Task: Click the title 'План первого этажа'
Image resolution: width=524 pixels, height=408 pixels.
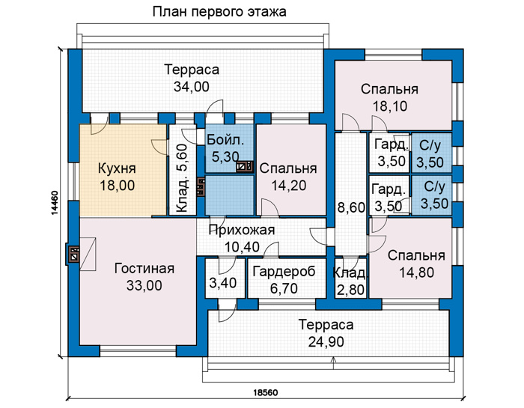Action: (x=219, y=12)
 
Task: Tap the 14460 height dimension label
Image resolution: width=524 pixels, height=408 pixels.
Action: (x=55, y=203)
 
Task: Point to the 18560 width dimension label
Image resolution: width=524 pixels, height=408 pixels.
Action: (x=266, y=392)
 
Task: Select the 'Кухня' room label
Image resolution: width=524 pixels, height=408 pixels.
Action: (x=117, y=168)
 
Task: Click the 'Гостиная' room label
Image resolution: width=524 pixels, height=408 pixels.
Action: (x=144, y=268)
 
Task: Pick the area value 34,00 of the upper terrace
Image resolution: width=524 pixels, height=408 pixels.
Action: (x=192, y=87)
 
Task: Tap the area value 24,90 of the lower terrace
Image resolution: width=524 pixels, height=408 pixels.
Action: (x=326, y=341)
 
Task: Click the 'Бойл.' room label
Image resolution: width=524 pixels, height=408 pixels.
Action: (x=225, y=140)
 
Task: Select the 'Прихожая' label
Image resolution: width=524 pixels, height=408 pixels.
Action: (x=242, y=230)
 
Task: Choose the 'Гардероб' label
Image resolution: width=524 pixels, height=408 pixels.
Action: (x=284, y=271)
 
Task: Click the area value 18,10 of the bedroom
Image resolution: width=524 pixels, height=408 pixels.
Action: (x=390, y=106)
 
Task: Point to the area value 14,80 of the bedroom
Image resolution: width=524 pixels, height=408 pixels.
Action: (x=417, y=272)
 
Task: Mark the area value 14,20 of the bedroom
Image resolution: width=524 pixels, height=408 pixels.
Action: (x=288, y=185)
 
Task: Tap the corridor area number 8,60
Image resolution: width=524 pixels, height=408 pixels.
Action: (x=351, y=207)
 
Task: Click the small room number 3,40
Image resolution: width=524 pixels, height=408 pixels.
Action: (x=223, y=283)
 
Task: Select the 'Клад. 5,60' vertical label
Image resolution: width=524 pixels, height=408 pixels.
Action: (x=182, y=178)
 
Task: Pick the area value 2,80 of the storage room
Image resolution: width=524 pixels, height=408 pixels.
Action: (x=350, y=290)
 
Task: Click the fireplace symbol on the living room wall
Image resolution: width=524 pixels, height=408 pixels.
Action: (x=73, y=253)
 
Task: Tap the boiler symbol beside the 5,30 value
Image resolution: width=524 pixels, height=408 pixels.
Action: (x=245, y=166)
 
